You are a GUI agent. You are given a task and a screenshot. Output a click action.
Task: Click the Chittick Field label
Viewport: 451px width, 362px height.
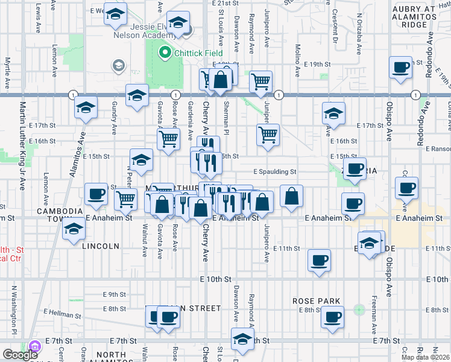pos(195,53)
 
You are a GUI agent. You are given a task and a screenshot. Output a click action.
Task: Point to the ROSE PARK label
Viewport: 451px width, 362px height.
pos(317,301)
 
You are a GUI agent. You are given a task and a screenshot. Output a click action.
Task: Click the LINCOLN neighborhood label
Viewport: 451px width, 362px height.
pos(100,246)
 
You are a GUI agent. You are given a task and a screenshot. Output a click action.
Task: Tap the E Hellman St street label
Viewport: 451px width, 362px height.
pos(61,314)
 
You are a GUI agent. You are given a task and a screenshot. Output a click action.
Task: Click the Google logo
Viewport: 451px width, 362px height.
pos(20,355)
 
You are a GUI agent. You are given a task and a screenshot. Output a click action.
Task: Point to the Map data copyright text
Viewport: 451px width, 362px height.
pos(426,357)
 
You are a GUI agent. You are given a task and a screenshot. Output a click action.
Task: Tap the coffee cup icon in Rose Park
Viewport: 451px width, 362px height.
pos(331,316)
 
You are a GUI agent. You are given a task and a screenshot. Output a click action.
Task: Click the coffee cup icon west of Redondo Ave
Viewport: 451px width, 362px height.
pos(400,67)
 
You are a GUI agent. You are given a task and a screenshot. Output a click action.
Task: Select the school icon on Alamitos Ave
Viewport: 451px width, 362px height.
pos(86,108)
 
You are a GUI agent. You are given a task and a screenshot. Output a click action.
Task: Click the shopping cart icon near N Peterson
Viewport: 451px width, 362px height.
pos(125,197)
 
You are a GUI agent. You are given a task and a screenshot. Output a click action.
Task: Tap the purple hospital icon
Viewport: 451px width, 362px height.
pos(34,347)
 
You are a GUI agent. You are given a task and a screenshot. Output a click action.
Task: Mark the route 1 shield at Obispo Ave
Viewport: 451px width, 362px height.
pos(416,95)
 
